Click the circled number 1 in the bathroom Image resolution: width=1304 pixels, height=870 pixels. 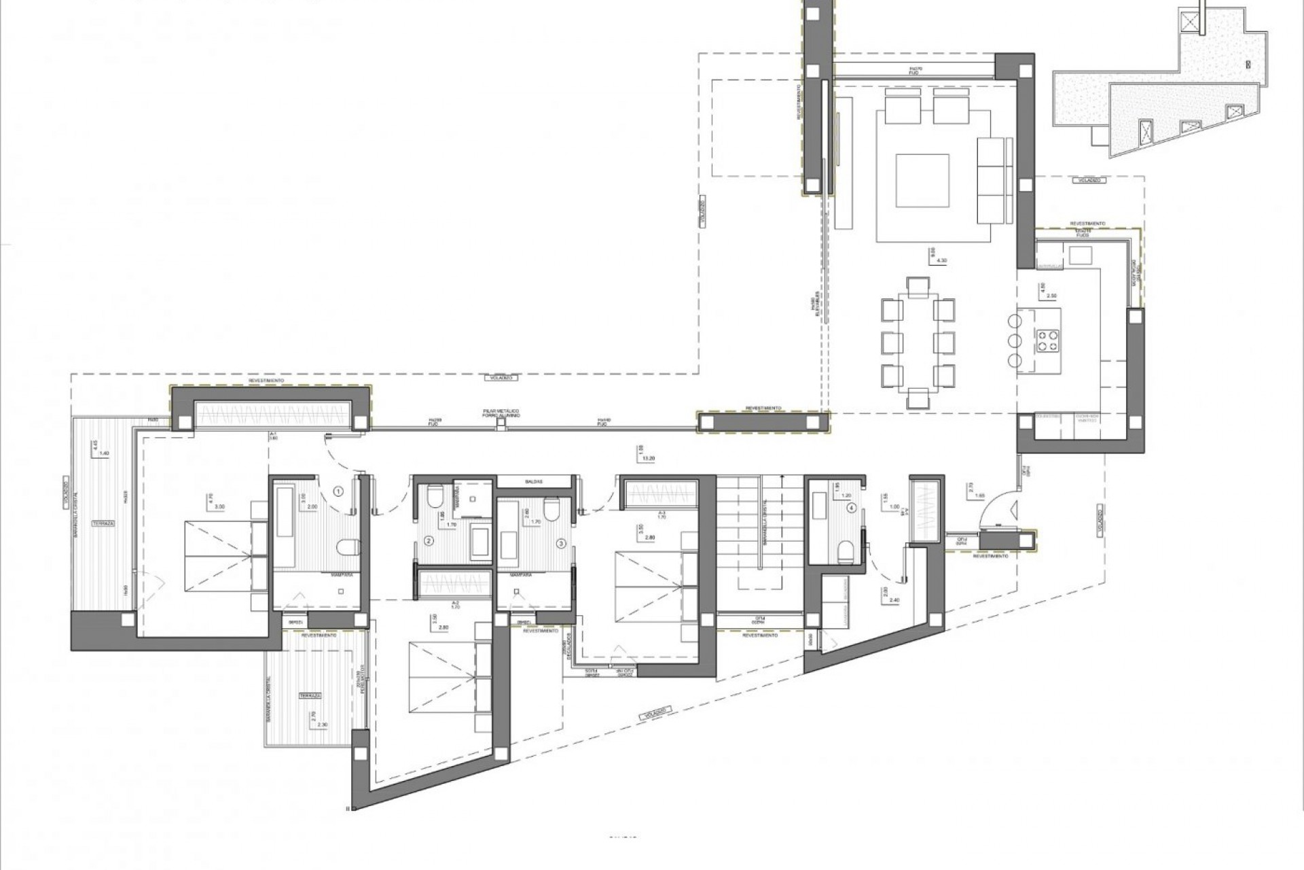pos(338,490)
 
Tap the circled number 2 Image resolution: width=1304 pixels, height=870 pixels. pos(429,542)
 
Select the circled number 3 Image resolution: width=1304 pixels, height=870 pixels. pos(561,543)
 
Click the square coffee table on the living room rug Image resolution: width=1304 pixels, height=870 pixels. pos(922,181)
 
